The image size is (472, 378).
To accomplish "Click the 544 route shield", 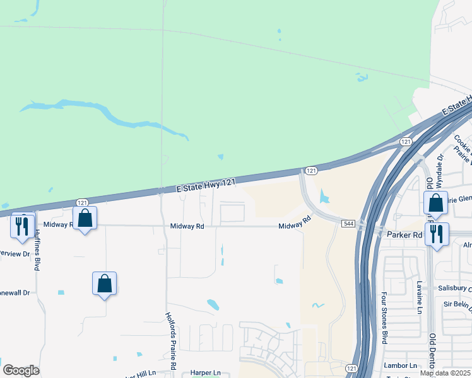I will (x=348, y=224).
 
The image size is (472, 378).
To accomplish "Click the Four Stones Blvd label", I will (x=384, y=318).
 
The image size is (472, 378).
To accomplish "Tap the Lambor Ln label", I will (x=400, y=365).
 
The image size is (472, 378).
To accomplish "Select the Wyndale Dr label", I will (x=440, y=166).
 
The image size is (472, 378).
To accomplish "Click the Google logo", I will (x=21, y=370).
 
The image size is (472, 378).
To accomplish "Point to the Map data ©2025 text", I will (x=445, y=373).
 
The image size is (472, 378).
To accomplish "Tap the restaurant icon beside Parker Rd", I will (x=437, y=234).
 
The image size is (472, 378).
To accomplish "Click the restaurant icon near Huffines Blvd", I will (x=23, y=226).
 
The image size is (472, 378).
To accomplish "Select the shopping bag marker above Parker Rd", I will (x=436, y=203).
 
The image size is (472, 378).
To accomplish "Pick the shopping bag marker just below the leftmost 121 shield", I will (x=85, y=219).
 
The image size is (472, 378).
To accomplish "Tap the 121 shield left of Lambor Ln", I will (x=351, y=368).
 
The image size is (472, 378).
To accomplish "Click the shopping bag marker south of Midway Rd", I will (x=105, y=284).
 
